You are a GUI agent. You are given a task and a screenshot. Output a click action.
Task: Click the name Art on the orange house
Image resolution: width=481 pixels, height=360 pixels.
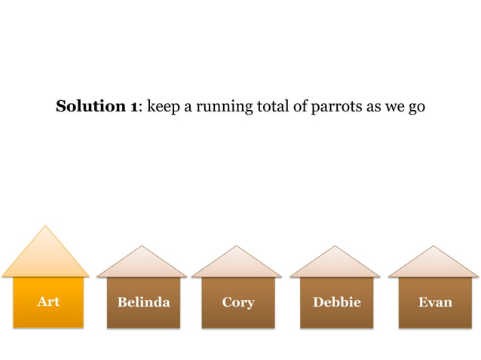[x=48, y=302]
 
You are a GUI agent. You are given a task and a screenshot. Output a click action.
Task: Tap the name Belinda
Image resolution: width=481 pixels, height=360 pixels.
[x=143, y=303]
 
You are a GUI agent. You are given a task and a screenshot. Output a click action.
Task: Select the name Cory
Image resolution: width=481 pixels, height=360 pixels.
[x=238, y=303]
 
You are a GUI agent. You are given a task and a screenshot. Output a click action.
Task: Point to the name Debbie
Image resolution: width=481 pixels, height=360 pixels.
[x=337, y=303]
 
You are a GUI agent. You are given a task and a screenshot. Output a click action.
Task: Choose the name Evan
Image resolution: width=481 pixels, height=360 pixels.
[x=435, y=303]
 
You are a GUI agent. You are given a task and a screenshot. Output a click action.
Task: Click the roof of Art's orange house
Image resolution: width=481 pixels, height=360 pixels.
[x=46, y=256]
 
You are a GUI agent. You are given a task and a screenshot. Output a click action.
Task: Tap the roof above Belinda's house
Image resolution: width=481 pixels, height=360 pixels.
[x=142, y=264]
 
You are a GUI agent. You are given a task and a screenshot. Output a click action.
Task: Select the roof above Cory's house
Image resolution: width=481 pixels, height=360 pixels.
[x=237, y=264]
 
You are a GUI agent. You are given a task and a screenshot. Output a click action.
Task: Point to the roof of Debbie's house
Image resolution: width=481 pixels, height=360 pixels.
[x=335, y=264]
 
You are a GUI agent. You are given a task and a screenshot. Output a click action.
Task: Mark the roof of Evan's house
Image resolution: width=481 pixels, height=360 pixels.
[x=434, y=264]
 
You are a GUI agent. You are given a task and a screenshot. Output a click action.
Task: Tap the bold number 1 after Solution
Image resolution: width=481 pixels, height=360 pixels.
[x=133, y=107]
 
